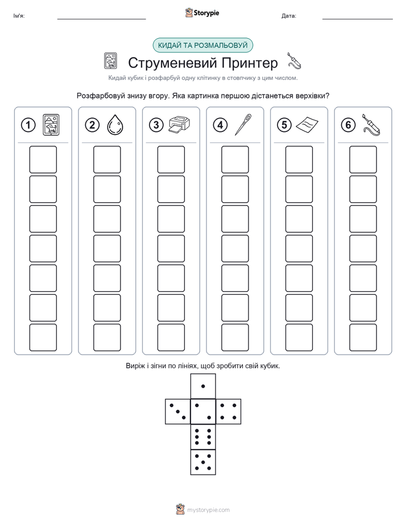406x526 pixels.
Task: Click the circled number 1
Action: (28, 125)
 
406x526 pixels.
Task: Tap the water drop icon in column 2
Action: (115, 125)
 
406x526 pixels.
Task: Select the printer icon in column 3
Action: (179, 125)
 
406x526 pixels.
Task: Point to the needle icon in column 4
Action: (243, 125)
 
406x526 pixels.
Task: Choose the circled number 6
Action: (348, 125)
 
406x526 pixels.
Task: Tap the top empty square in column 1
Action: (43, 159)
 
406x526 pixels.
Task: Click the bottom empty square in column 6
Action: (363, 338)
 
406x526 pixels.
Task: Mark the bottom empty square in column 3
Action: (171, 338)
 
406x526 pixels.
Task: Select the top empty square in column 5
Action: (299, 159)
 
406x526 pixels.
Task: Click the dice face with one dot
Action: (203, 386)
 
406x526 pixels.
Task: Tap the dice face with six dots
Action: (203, 437)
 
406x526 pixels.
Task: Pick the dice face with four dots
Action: (229, 412)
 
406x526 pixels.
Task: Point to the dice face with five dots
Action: (203, 462)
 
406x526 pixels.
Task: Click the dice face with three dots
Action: (178, 412)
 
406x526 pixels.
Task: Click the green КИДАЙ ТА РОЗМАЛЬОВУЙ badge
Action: (202, 46)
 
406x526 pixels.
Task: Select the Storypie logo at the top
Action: (202, 13)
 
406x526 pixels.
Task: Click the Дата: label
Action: (289, 16)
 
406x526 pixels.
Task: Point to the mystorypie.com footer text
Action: (208, 510)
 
